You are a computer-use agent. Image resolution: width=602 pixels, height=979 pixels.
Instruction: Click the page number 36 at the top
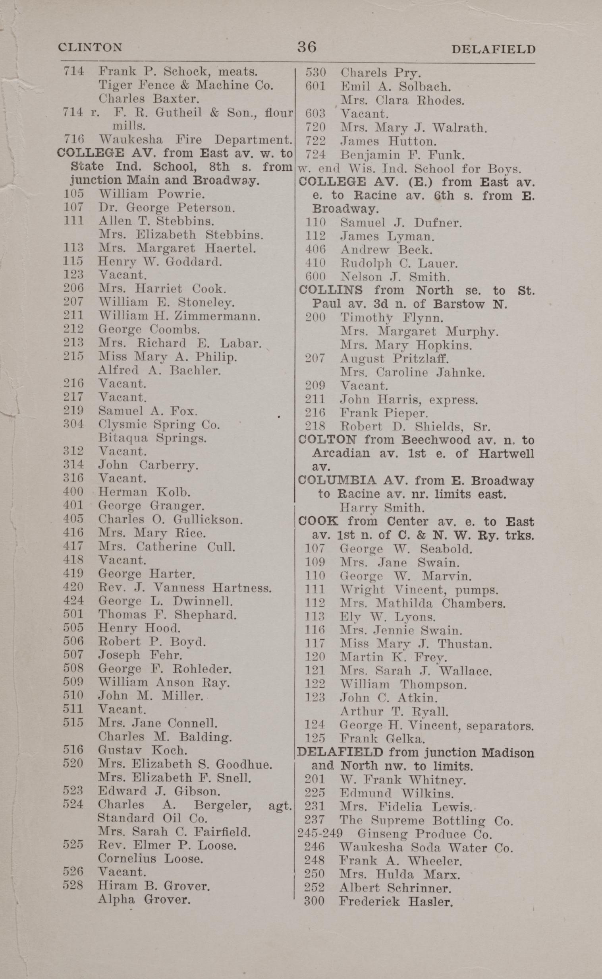click(307, 47)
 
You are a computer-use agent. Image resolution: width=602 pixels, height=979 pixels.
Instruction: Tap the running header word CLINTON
click(90, 47)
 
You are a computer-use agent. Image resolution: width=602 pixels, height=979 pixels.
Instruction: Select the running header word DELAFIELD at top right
click(493, 49)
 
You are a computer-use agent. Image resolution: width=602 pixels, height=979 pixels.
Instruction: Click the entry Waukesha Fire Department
click(195, 140)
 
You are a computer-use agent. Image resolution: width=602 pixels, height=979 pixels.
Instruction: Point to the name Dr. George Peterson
click(166, 207)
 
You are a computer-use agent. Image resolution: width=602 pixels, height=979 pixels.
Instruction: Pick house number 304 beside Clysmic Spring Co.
click(73, 425)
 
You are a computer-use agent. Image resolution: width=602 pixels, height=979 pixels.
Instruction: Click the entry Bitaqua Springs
click(152, 438)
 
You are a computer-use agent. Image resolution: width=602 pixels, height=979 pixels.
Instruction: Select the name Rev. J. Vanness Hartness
click(185, 588)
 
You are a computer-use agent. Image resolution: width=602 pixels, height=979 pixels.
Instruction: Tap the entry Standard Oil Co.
click(153, 818)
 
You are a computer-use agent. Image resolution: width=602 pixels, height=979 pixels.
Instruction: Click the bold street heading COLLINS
click(330, 290)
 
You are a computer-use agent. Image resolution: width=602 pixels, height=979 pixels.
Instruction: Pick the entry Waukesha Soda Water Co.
click(426, 847)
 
